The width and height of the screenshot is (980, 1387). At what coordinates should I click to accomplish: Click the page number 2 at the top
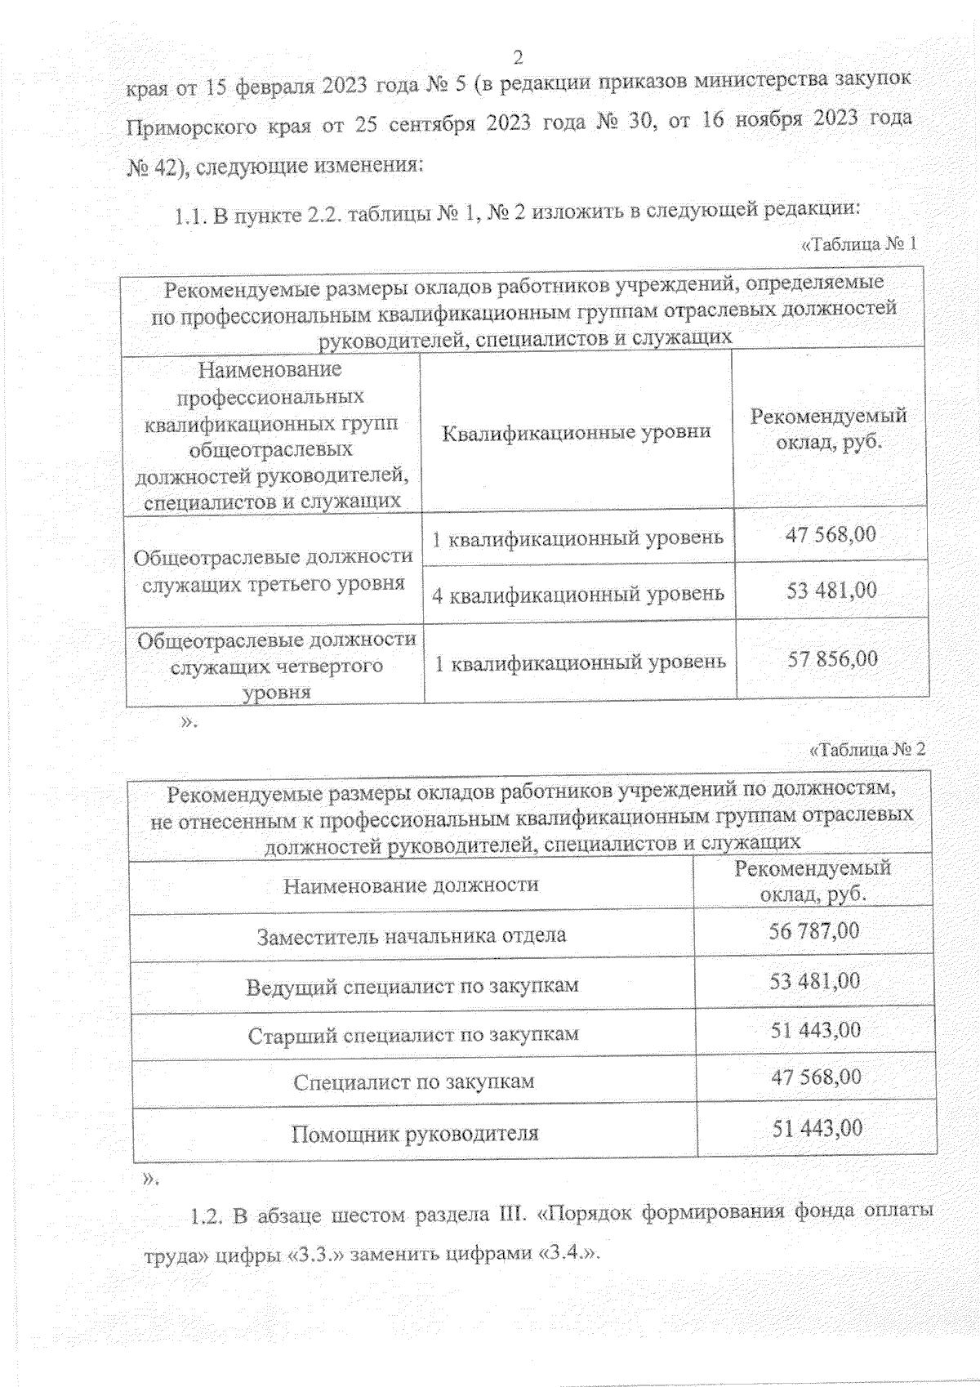pyautogui.click(x=517, y=57)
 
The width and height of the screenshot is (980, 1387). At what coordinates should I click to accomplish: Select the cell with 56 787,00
pyautogui.click(x=814, y=931)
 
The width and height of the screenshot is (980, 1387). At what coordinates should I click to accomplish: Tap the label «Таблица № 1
pyautogui.click(x=858, y=243)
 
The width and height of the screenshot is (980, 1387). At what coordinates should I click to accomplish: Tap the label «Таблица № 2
pyautogui.click(x=867, y=749)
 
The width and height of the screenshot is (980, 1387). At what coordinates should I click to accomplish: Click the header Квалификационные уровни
pyautogui.click(x=576, y=432)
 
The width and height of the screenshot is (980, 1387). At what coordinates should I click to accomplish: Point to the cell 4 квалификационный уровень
pyautogui.click(x=578, y=594)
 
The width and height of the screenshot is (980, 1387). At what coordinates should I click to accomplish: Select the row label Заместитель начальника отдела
pyautogui.click(x=412, y=935)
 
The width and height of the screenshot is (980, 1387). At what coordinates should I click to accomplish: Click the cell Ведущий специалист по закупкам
pyautogui.click(x=412, y=986)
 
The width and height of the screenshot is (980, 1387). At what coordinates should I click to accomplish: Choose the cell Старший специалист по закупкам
pyautogui.click(x=413, y=1035)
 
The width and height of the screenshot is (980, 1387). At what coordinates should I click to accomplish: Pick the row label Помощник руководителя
pyautogui.click(x=415, y=1134)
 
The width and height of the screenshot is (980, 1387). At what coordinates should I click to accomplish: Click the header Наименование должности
pyautogui.click(x=411, y=885)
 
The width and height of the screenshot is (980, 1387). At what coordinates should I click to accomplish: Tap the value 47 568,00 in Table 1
pyautogui.click(x=831, y=535)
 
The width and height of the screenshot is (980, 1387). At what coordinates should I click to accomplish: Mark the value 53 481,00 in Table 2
pyautogui.click(x=815, y=981)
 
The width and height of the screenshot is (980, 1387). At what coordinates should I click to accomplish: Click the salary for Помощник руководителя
pyautogui.click(x=817, y=1129)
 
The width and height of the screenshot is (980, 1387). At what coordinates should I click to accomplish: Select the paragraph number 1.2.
pyautogui.click(x=206, y=1216)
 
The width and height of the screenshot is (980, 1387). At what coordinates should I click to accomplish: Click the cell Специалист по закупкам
pyautogui.click(x=413, y=1082)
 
